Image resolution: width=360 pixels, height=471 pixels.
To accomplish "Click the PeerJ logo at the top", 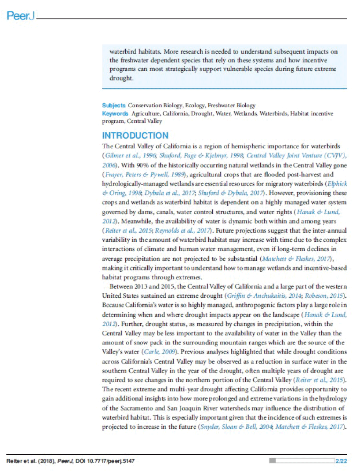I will tap(20, 17).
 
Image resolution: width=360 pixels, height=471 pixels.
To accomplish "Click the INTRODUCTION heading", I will tap(135, 135).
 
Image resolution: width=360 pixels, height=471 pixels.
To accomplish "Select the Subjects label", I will tap(114, 106).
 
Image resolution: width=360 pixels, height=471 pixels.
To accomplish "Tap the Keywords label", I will tap(116, 113).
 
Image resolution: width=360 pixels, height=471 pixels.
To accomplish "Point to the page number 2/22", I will tap(342, 461).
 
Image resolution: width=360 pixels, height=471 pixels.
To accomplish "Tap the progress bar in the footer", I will tap(302, 461).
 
